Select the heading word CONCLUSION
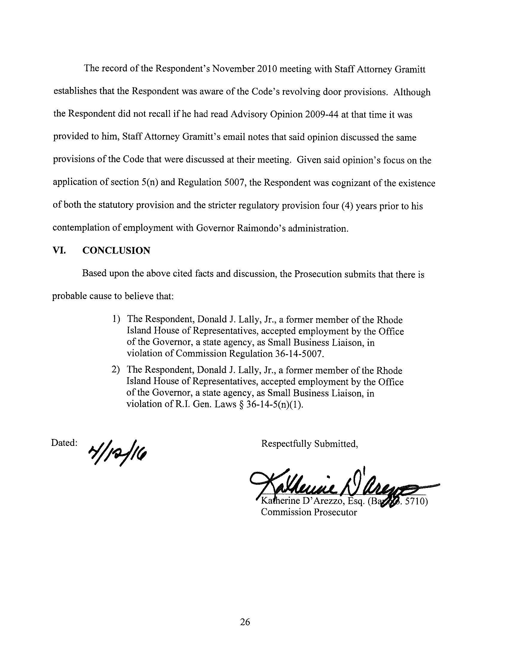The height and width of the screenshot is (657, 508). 116,251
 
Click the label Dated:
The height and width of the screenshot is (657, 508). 65,443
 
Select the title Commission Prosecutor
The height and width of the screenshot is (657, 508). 309,512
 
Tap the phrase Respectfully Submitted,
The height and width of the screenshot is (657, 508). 310,444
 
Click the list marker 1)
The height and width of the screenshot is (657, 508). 117,320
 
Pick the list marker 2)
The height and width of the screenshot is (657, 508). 116,370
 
